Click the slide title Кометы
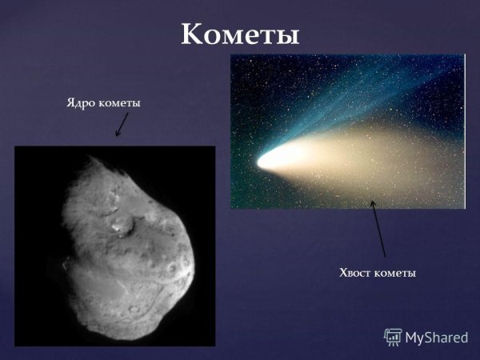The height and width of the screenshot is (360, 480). (240, 34)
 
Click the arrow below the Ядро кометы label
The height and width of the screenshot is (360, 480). (122, 123)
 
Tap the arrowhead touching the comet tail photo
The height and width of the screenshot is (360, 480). (372, 204)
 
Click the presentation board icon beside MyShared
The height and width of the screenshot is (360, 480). (393, 336)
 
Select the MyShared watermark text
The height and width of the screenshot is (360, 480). (437, 337)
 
